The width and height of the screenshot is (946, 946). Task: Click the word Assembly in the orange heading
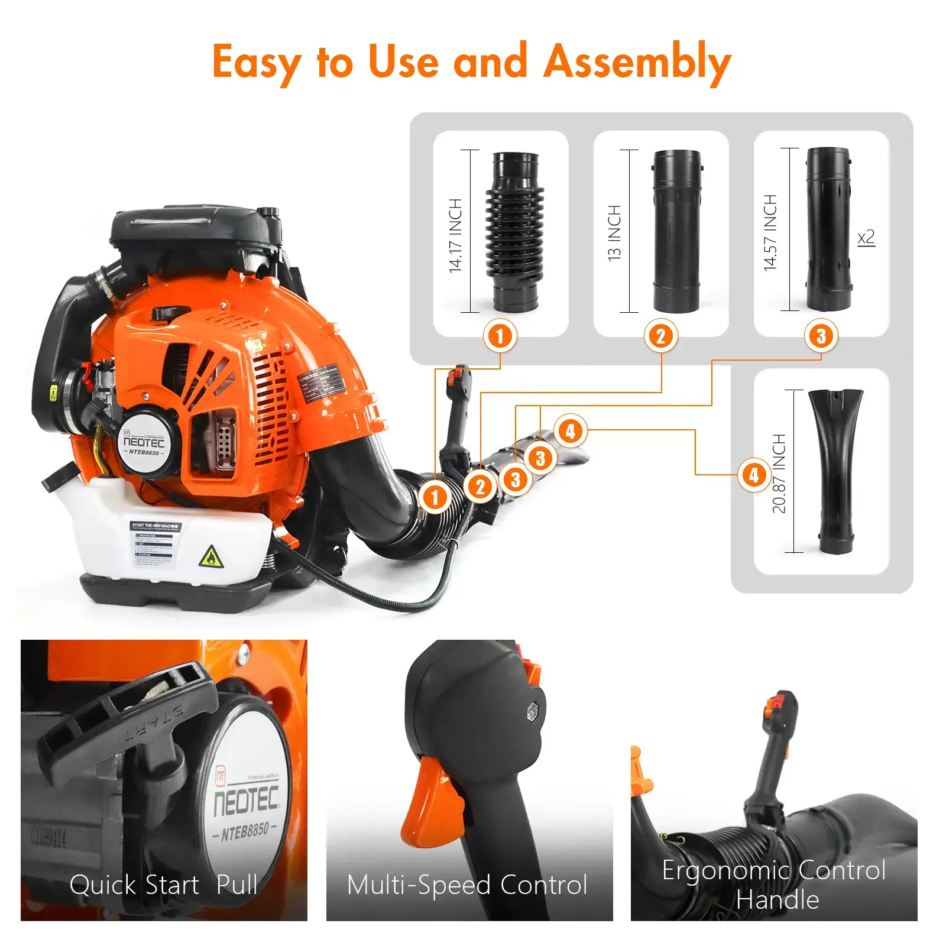click(637, 63)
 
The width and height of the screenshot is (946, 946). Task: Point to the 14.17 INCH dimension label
click(455, 235)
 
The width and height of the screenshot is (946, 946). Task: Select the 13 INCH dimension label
click(614, 233)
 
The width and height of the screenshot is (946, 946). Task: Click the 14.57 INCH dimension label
click(770, 232)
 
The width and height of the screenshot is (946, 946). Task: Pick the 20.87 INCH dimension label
click(779, 473)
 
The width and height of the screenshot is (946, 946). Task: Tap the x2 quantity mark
click(866, 238)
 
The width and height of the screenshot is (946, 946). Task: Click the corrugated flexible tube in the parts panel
click(515, 231)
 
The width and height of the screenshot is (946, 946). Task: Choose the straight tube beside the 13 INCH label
click(676, 231)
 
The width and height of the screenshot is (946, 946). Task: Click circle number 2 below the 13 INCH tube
click(660, 336)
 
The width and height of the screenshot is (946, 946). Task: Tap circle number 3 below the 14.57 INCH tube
click(821, 336)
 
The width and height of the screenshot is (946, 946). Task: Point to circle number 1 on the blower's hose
click(435, 497)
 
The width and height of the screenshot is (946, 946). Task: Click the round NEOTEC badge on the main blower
click(144, 443)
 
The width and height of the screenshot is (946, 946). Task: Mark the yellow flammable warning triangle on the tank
click(211, 557)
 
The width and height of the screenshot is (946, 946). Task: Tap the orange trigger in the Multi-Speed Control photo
click(431, 805)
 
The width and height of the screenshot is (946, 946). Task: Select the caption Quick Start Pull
click(163, 885)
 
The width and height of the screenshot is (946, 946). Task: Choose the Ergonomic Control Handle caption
click(774, 885)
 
